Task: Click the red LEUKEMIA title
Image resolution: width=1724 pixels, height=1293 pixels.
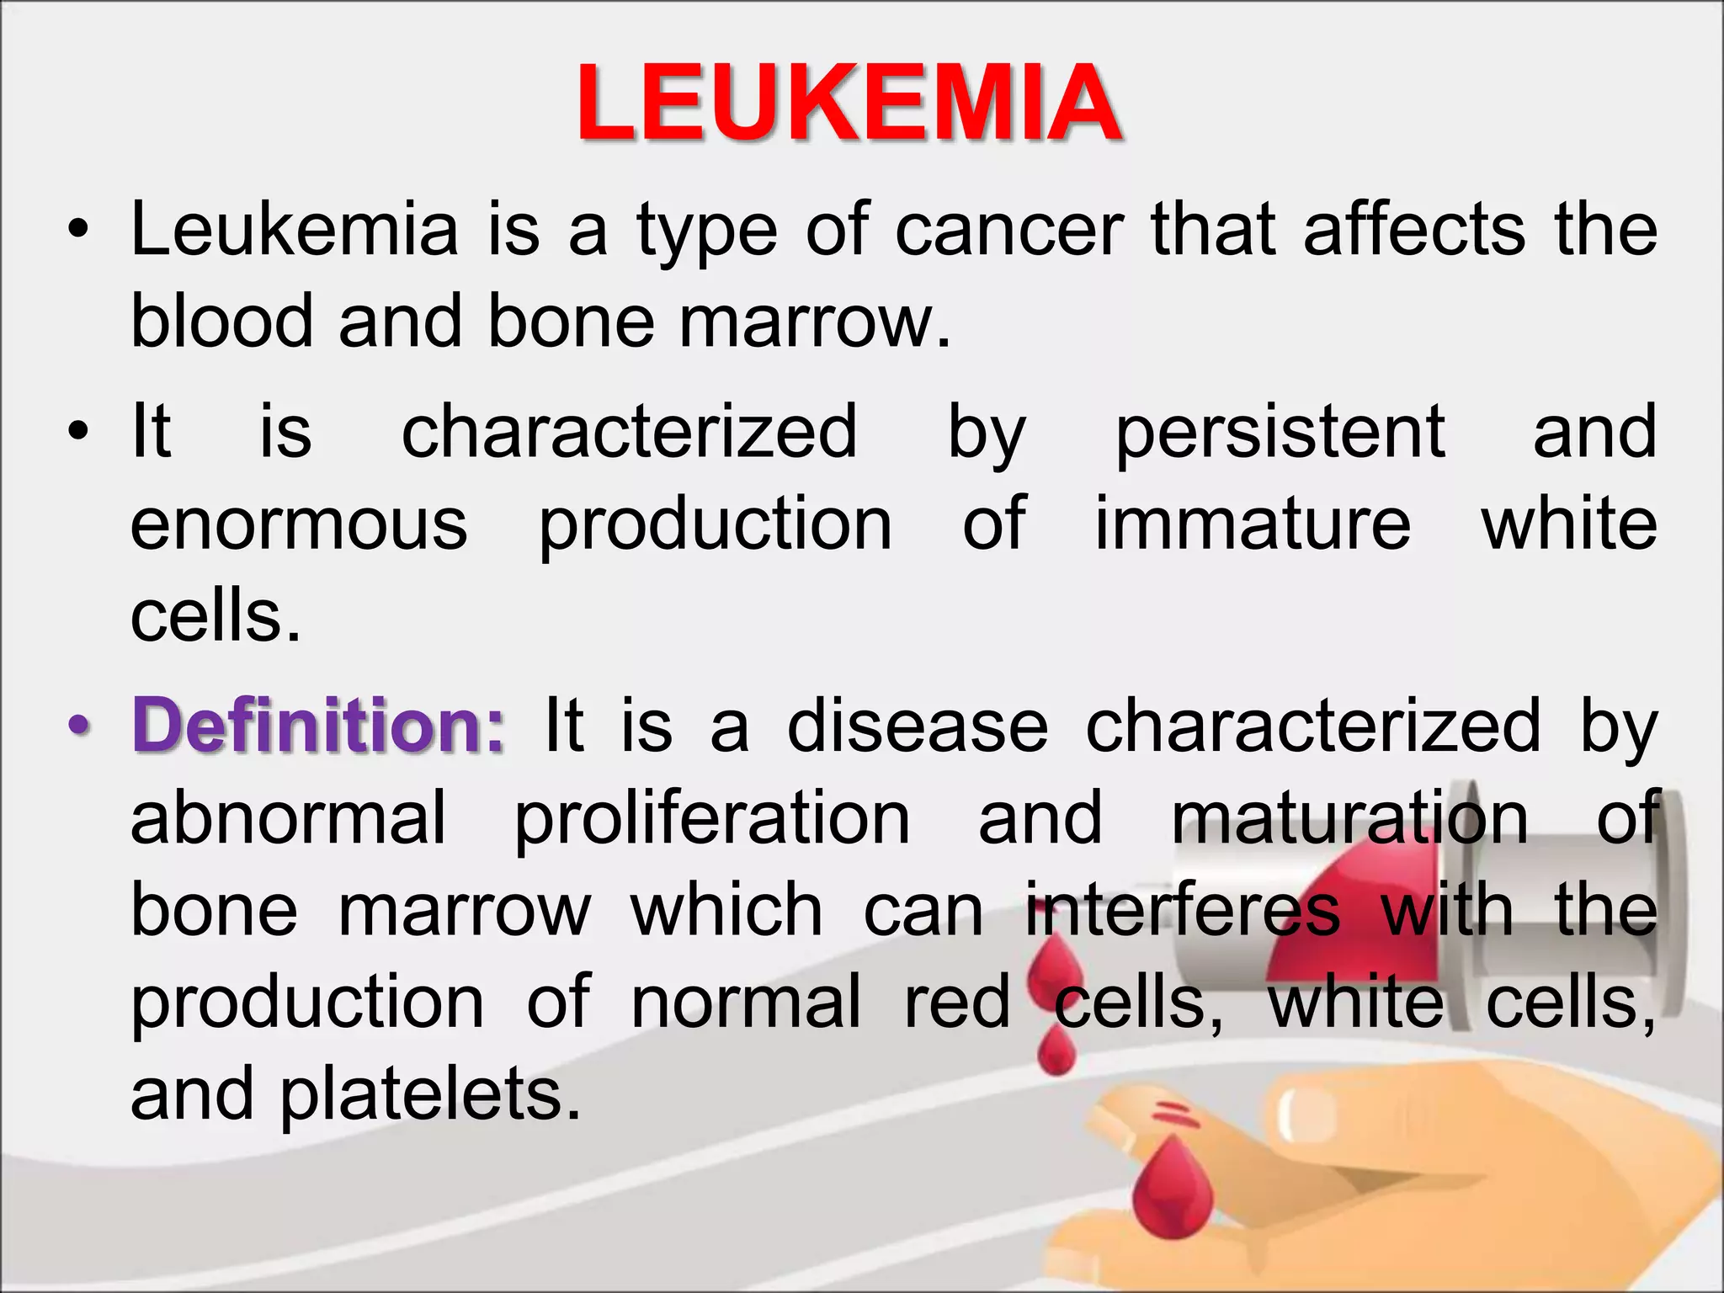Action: click(849, 103)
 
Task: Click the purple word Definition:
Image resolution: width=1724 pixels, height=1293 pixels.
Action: click(318, 726)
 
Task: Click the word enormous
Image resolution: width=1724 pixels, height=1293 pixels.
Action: click(299, 524)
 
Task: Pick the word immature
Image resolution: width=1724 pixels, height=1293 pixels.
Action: click(1252, 524)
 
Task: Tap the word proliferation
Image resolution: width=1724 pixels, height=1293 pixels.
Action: click(712, 819)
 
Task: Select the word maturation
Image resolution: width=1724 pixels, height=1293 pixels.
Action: click(1349, 819)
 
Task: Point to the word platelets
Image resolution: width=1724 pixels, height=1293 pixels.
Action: click(430, 1094)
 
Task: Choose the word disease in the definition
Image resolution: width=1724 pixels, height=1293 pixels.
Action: click(918, 726)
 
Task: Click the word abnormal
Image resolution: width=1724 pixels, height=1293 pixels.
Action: click(288, 819)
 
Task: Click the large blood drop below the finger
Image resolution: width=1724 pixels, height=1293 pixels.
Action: click(1173, 1189)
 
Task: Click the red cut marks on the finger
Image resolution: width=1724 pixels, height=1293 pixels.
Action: click(1176, 1115)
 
